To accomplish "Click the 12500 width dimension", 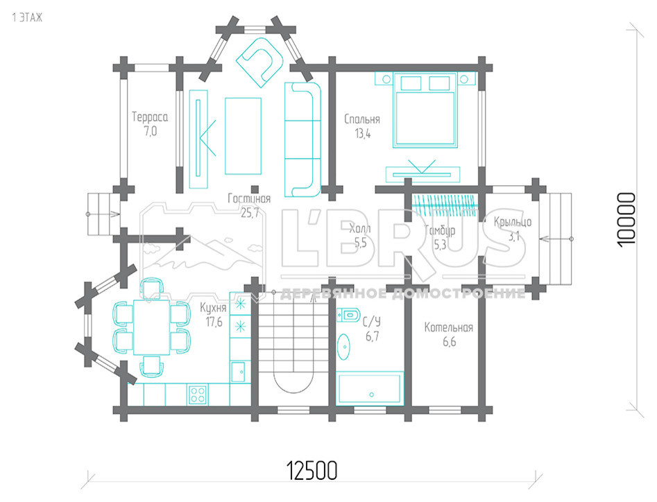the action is coord(312,471).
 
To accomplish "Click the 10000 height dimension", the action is coord(627,220).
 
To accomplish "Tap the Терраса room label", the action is coord(150,116).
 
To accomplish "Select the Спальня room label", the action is coord(362,119).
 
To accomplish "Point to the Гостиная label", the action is coord(249,198).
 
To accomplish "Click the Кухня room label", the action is coord(213,308).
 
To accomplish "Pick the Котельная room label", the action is coord(449,327).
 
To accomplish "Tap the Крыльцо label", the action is coord(513,222).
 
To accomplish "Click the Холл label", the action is coord(360,229).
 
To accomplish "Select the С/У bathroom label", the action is coord(372,322).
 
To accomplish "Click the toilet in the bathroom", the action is coord(348,314).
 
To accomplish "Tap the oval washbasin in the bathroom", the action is coord(344,347).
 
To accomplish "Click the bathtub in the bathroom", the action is coord(370,388).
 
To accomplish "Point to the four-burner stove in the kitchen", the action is coord(197,394).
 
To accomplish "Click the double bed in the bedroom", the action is coord(425,110).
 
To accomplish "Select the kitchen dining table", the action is coord(152,327).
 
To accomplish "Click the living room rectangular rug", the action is coord(243,136).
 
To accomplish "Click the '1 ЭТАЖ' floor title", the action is coord(27,17).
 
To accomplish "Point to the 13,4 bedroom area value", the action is coord(362,134).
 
